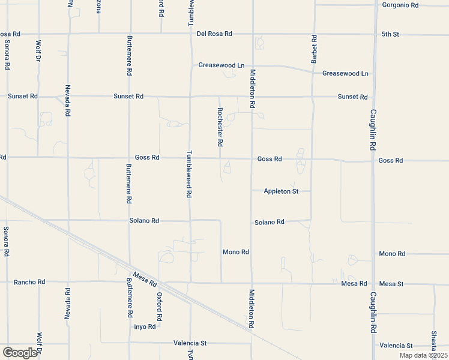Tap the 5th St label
pyautogui.click(x=390, y=34)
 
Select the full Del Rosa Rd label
pyautogui.click(x=214, y=34)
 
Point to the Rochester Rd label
pyautogui.click(x=220, y=127)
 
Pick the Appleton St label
pyautogui.click(x=281, y=191)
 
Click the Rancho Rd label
pyautogui.click(x=29, y=282)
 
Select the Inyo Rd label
pyautogui.click(x=145, y=327)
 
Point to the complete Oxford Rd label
pyautogui.click(x=160, y=307)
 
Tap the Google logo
pyautogui.click(x=20, y=353)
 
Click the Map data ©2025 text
pyautogui.click(x=423, y=355)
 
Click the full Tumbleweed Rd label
pyautogui.click(x=188, y=174)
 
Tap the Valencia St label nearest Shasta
pyautogui.click(x=396, y=346)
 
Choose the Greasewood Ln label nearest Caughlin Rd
pyautogui.click(x=345, y=73)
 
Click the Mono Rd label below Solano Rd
pyautogui.click(x=235, y=253)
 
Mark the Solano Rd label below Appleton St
pyautogui.click(x=268, y=223)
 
